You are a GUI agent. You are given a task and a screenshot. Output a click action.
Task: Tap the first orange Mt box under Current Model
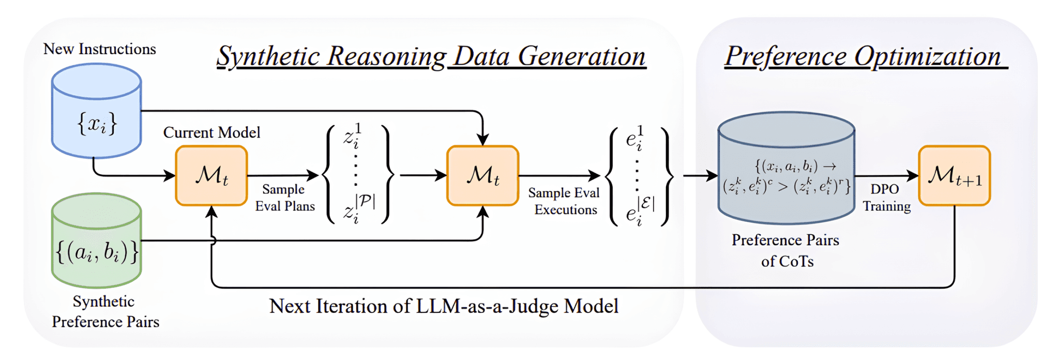point(211,176)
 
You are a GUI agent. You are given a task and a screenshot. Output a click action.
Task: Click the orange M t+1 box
point(954,176)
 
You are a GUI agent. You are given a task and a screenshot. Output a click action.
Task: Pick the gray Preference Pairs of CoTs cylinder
point(786,171)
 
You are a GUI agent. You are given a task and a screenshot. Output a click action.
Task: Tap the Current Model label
point(211,132)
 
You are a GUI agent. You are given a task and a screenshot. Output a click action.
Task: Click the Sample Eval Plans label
point(284,198)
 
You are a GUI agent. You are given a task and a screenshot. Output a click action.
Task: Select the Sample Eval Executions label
point(564,201)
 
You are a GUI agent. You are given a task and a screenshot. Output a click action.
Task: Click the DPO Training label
point(886,198)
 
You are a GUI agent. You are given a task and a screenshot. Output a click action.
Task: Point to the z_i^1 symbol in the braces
point(353,136)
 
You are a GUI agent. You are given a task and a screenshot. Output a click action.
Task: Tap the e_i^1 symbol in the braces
point(634,138)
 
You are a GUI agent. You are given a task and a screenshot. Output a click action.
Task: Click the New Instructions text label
point(100,49)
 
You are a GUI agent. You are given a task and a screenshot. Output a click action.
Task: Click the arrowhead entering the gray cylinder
point(713,176)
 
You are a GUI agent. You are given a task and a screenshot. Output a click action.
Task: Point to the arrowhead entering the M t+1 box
point(913,176)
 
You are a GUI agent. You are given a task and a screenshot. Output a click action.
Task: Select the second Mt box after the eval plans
point(482,176)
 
